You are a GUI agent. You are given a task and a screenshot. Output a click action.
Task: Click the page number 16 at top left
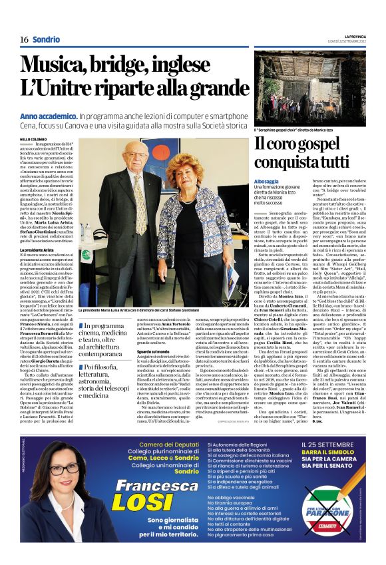point(24,39)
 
